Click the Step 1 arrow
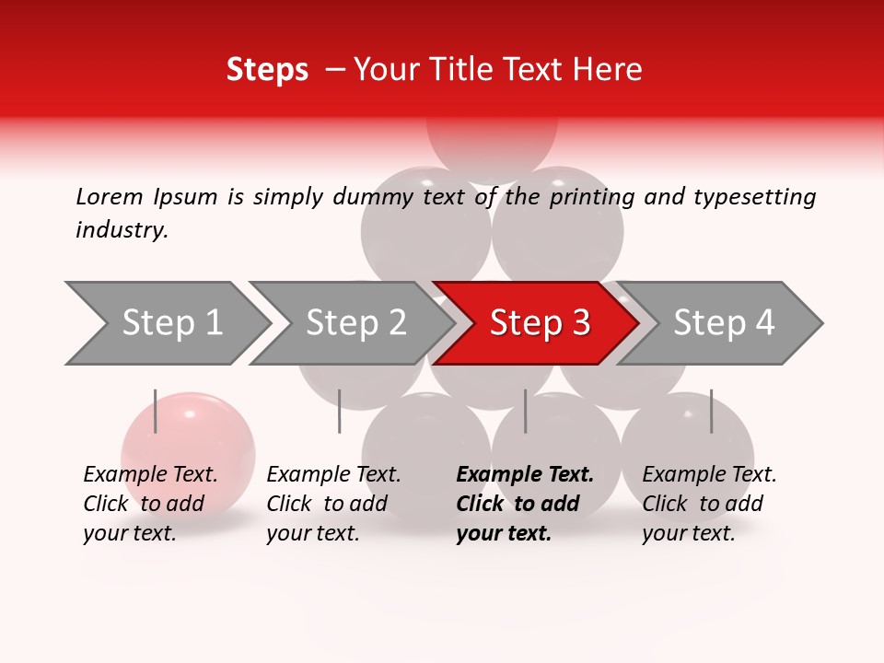[x=170, y=323]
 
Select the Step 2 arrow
[x=355, y=323]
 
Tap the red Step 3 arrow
[x=539, y=323]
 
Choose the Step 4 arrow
[x=723, y=323]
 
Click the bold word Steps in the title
[x=267, y=70]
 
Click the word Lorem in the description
[x=110, y=196]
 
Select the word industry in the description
[x=122, y=230]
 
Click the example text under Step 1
[x=150, y=504]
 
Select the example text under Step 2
[x=333, y=504]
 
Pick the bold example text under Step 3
[x=525, y=504]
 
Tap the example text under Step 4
[x=709, y=504]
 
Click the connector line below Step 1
[x=156, y=411]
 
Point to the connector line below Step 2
[x=340, y=411]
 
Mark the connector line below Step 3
[x=526, y=411]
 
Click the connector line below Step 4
[x=711, y=411]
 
